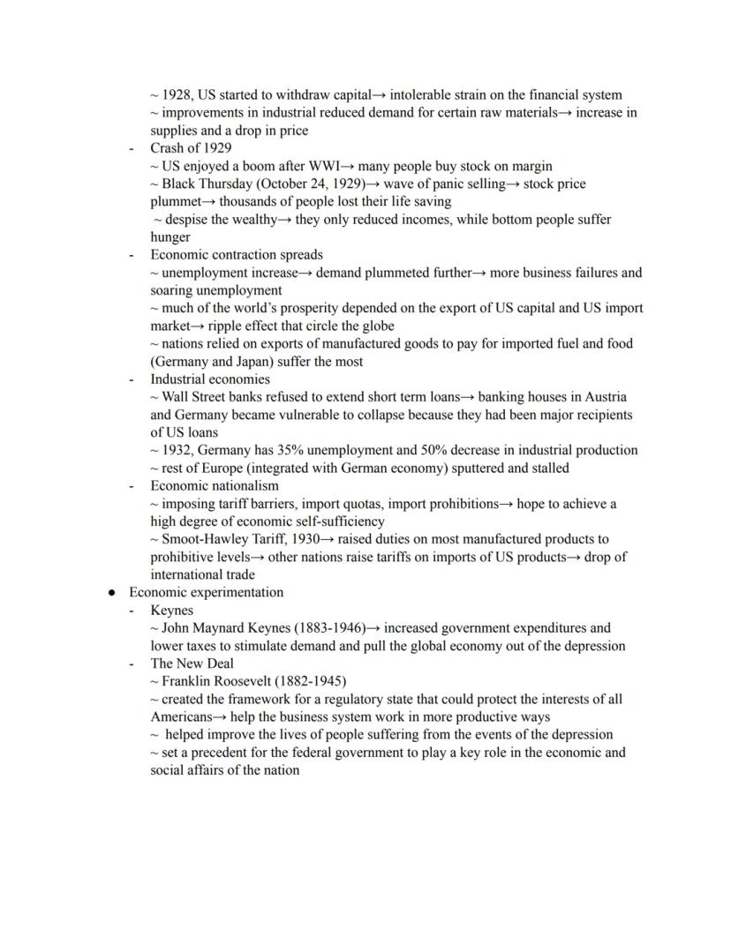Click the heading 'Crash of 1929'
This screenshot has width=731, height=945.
click(x=191, y=148)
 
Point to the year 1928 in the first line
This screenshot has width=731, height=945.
click(x=177, y=94)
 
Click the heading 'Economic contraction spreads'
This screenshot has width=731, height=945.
click(x=236, y=255)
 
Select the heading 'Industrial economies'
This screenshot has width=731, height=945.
click(x=210, y=379)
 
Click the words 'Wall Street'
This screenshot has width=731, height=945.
click(x=195, y=397)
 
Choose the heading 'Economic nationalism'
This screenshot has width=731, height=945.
click(x=214, y=486)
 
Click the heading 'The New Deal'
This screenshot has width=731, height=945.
click(x=192, y=664)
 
